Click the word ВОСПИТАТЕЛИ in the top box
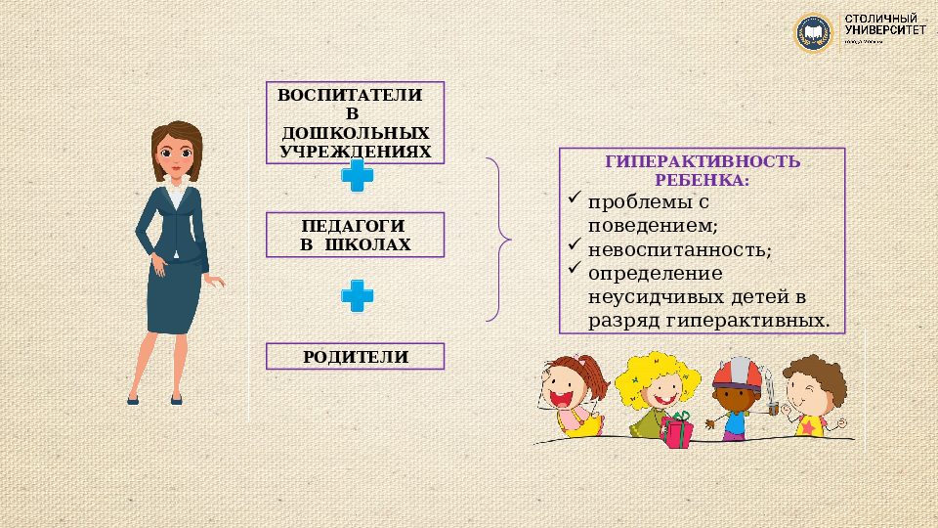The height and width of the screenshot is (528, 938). point(350,96)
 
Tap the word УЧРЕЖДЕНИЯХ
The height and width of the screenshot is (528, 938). point(355,152)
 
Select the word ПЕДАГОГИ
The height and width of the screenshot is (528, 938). point(355,225)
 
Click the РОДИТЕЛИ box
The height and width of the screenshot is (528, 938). point(355,356)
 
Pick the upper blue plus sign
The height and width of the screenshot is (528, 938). point(357,177)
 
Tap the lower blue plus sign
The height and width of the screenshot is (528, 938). point(357,295)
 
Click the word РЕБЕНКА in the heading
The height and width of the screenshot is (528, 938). point(703,180)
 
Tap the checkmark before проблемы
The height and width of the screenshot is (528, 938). point(574,198)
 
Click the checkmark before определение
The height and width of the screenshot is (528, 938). point(574,269)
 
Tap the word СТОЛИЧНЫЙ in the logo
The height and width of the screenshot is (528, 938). point(883,20)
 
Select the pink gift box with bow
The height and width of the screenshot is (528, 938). point(677,430)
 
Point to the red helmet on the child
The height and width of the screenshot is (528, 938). point(734,374)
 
